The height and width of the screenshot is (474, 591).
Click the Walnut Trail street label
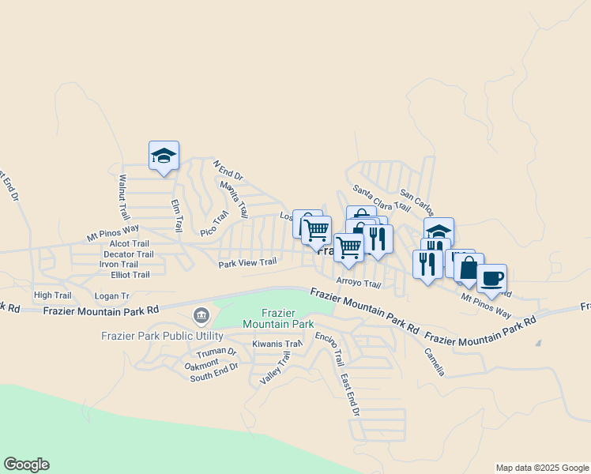pos(123,197)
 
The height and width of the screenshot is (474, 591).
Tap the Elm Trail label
pos(177,213)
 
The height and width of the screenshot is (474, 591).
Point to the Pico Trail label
pos(214,223)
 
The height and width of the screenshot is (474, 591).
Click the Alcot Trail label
pos(130,244)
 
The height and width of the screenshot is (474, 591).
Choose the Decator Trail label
pos(128,254)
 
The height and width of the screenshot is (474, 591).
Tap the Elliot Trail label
pos(130,275)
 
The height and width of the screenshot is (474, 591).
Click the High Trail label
pos(52,295)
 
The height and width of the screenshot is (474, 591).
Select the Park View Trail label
pos(247,263)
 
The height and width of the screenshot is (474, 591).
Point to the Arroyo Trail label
pos(359,283)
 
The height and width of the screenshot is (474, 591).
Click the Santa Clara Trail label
pos(381,199)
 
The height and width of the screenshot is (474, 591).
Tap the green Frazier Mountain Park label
pos(278,318)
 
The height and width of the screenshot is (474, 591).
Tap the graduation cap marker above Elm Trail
pos(164,156)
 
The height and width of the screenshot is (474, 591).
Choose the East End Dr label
pos(350,395)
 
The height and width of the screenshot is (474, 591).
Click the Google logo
pos(26,465)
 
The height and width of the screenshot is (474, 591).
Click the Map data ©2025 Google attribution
pos(541,468)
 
